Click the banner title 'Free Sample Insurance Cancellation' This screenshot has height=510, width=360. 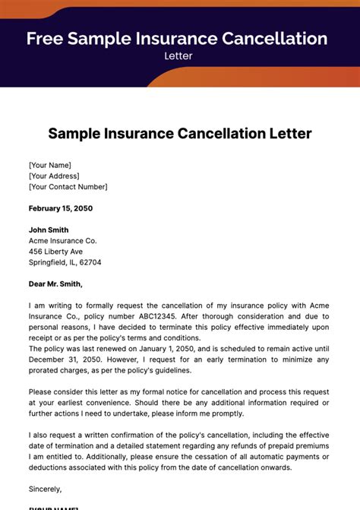click(177, 39)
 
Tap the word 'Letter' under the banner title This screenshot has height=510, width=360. click(177, 55)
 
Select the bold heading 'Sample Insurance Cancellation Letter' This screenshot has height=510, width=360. click(180, 134)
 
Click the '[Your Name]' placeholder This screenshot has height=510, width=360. click(49, 165)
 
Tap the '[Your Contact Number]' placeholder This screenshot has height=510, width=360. click(68, 186)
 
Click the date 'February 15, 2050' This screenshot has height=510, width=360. click(61, 208)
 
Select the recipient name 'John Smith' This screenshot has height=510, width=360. click(49, 230)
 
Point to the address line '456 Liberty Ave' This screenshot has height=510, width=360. click(55, 252)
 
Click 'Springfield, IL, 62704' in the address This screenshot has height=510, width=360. click(65, 262)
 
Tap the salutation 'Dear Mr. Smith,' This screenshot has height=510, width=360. click(55, 284)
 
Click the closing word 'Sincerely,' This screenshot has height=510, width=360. click(45, 489)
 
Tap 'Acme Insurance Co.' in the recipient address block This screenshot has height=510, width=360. click(62, 241)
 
